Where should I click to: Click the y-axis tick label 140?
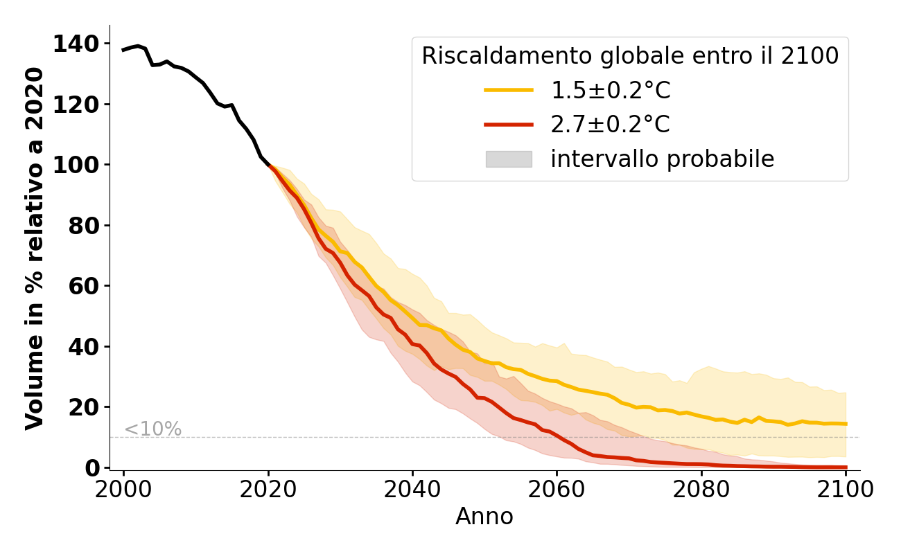[76, 44]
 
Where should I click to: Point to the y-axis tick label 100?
[76, 166]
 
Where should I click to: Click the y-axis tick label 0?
[93, 468]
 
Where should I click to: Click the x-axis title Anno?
[484, 517]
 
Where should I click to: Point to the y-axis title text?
[35, 248]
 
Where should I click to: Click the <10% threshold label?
[152, 429]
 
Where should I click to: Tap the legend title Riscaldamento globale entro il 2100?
[630, 56]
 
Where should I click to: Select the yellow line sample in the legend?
[509, 90]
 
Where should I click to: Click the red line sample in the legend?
[509, 125]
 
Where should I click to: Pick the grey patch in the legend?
[509, 159]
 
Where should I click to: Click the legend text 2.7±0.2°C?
[611, 125]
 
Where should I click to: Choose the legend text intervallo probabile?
[662, 159]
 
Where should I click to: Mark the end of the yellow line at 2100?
[846, 424]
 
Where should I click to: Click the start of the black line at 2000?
[124, 50]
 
